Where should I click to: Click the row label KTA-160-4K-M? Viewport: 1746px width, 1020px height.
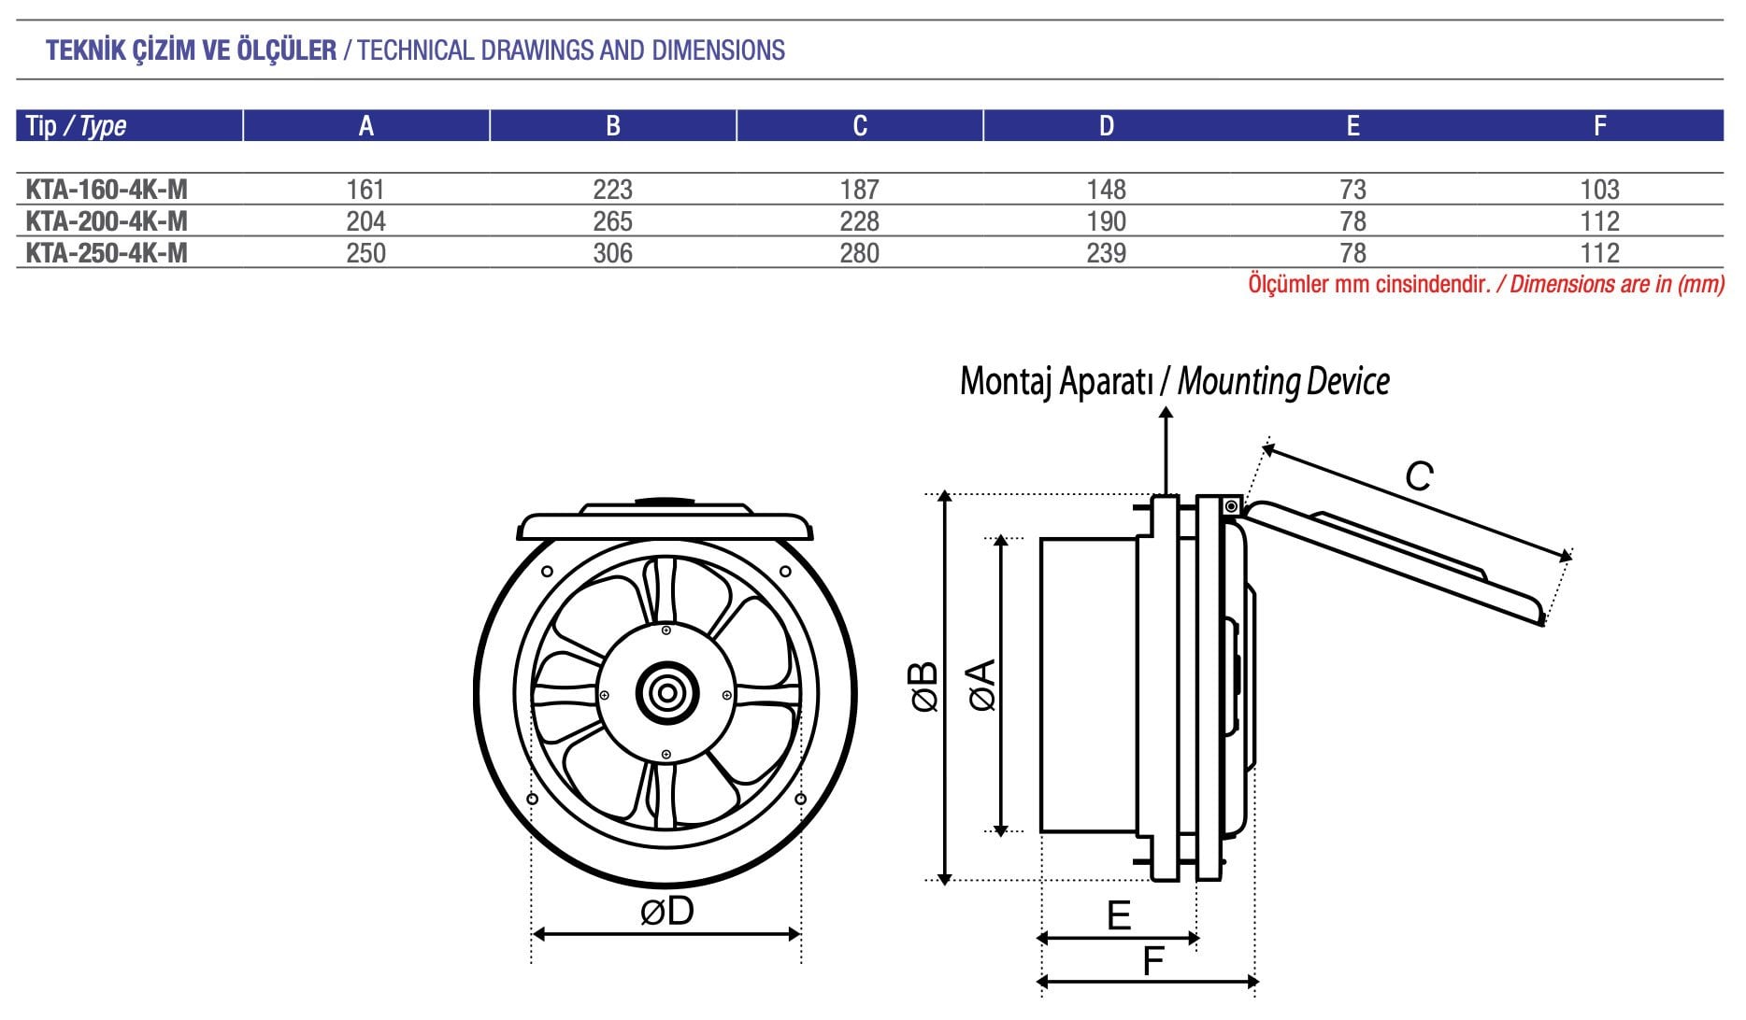(x=107, y=190)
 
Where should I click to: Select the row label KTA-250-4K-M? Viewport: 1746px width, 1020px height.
(x=107, y=253)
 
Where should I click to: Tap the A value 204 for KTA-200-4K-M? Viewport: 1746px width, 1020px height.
(x=365, y=221)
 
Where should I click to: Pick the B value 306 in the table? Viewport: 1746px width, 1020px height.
(x=612, y=253)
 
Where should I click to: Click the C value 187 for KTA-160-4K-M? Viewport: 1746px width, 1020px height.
(x=859, y=190)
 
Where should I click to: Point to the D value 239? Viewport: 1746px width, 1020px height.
(x=1106, y=253)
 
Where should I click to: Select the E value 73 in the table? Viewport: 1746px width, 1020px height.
(x=1352, y=190)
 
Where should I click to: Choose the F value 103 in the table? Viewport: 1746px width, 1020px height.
(x=1599, y=190)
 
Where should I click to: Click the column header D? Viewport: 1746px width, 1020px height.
(x=1106, y=126)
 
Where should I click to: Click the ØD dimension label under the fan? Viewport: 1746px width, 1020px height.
(x=667, y=912)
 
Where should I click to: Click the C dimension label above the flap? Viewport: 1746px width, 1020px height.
(x=1419, y=477)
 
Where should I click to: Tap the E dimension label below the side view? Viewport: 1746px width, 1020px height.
(x=1119, y=916)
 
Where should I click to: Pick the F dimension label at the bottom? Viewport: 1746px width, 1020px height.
(x=1153, y=960)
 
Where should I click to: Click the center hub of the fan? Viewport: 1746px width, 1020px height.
(x=666, y=693)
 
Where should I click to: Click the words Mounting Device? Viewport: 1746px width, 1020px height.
(x=1282, y=381)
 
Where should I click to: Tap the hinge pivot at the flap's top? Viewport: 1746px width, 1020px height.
(x=1231, y=506)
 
